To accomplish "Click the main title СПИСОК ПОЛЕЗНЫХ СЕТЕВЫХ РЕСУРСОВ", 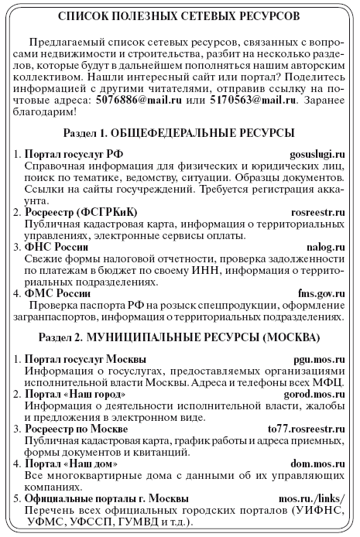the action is [x=180, y=16].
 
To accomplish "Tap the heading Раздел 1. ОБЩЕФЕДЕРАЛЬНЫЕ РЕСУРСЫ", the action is [x=180, y=133].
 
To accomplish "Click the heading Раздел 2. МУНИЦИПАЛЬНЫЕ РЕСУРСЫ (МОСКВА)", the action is [x=180, y=339].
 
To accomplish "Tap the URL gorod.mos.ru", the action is [x=314, y=395].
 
